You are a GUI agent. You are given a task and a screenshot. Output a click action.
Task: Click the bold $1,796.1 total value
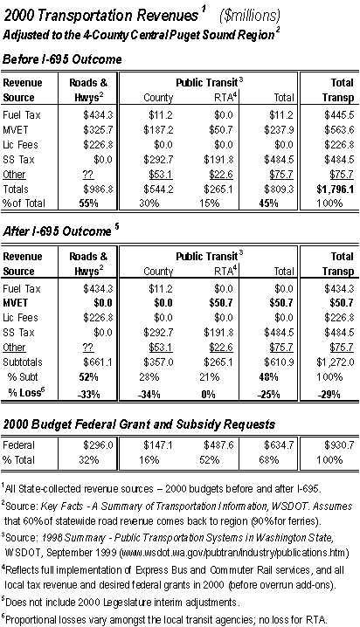click(x=336, y=189)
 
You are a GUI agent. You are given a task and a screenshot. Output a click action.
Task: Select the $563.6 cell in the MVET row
click(x=339, y=130)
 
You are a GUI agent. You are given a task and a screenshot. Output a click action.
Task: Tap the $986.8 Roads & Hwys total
click(x=98, y=189)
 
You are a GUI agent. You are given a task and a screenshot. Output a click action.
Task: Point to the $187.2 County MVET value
click(x=158, y=130)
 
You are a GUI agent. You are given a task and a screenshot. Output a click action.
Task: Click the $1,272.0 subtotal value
click(x=336, y=362)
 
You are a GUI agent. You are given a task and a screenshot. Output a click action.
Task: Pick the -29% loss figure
click(x=329, y=394)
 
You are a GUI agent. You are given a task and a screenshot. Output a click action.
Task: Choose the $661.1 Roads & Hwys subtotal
click(x=98, y=362)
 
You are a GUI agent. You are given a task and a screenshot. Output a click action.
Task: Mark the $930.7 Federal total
click(x=339, y=445)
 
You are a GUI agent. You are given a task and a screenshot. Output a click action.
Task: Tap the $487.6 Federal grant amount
click(x=218, y=445)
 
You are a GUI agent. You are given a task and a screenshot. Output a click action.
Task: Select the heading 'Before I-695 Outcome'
click(x=62, y=59)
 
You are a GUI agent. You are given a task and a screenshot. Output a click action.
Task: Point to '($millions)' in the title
click(x=250, y=16)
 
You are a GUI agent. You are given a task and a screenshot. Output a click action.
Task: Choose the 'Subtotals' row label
click(x=23, y=362)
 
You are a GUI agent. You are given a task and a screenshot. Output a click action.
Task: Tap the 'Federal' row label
click(x=19, y=445)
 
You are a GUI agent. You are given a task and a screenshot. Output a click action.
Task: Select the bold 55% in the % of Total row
click(x=89, y=203)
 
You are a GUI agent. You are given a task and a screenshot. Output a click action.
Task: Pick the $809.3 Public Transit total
click(x=279, y=189)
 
